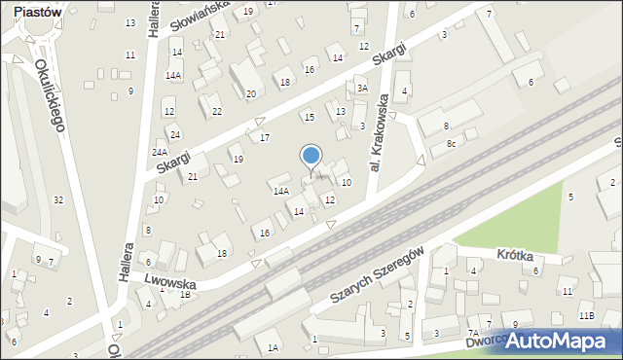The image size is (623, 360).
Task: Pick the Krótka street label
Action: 514,255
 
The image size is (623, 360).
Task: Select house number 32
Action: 58,199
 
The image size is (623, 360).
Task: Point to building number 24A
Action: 160,153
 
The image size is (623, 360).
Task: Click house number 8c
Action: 451,144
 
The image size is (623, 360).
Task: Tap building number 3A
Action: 361,88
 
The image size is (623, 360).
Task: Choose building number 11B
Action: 586,316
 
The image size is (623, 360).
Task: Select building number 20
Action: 250,93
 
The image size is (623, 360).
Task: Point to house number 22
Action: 216,112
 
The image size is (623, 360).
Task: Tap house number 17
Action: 264,137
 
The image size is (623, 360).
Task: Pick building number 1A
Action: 274,347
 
